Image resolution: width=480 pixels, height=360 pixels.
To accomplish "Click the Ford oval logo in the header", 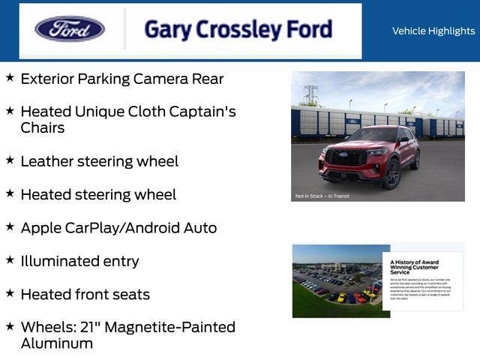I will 70,29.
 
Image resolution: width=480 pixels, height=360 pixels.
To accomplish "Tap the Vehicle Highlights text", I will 433,31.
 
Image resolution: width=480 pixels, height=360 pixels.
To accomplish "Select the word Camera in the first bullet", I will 157,79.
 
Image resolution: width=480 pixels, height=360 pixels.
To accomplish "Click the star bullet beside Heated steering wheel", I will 10,193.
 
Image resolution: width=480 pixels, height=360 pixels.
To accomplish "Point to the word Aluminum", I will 57,343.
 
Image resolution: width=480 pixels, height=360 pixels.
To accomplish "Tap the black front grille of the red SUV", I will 346,158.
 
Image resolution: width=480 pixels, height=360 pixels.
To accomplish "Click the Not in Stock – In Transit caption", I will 323,196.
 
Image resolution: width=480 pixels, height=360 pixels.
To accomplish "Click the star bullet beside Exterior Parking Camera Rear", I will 10,77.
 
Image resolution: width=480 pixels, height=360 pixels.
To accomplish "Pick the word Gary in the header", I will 164,30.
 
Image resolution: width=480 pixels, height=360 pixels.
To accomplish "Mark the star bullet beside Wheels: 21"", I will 10,325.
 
